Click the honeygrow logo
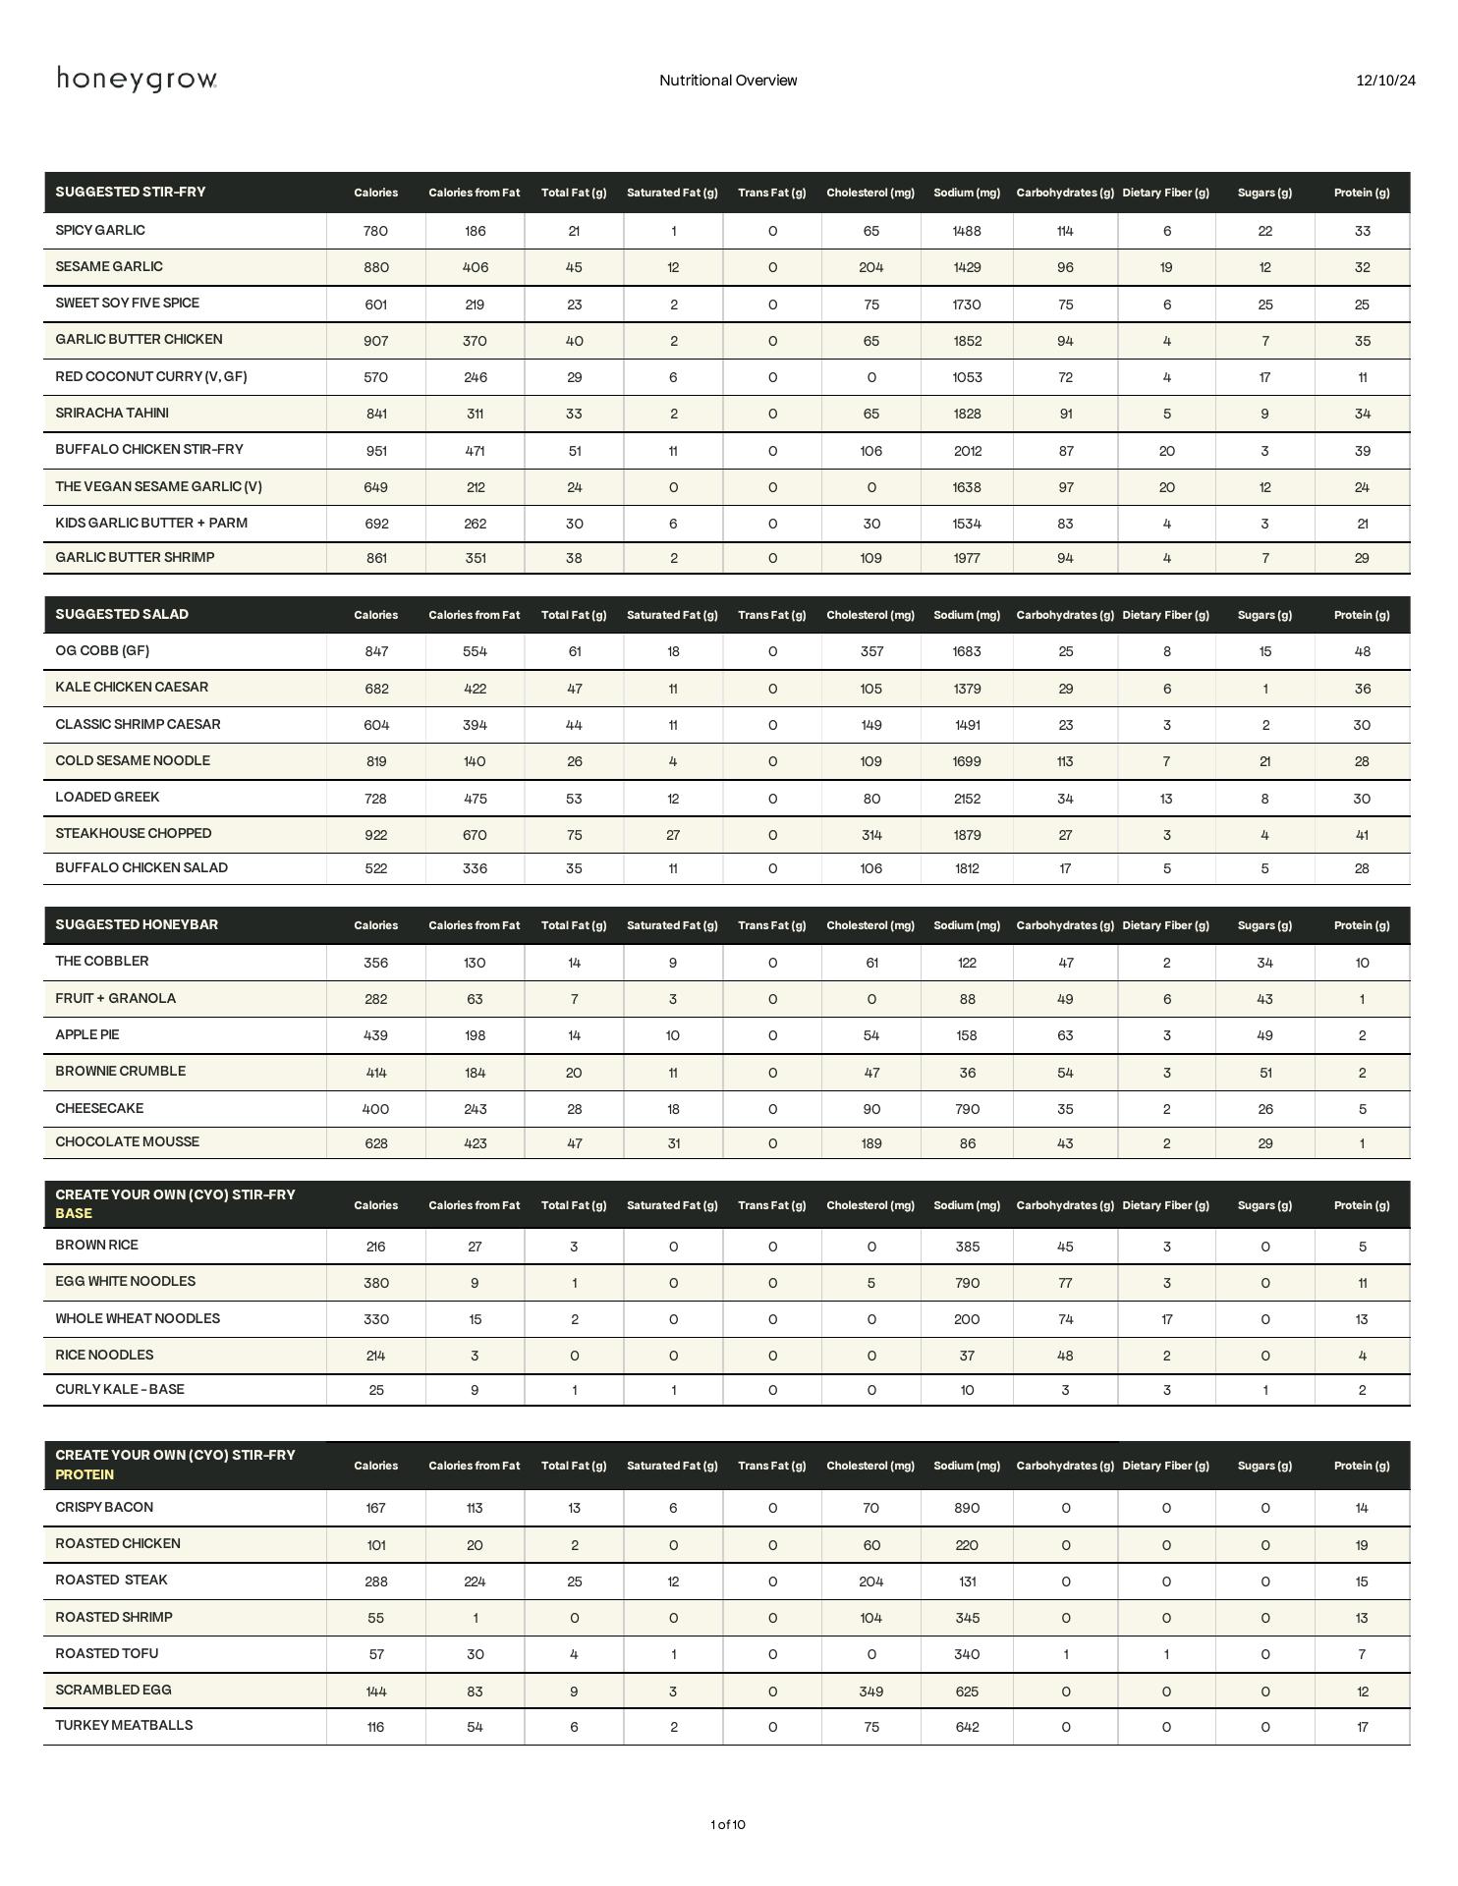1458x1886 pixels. tap(137, 80)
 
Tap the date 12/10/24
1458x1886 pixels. tap(1385, 81)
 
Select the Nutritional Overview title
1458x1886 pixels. tap(728, 81)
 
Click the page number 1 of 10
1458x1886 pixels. tap(728, 1824)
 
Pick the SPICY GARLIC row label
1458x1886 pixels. tap(100, 231)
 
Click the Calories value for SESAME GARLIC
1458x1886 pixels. tap(376, 267)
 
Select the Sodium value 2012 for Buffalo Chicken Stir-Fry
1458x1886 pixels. tap(967, 451)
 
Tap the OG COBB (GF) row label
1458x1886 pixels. tap(102, 651)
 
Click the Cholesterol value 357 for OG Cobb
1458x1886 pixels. tap(870, 651)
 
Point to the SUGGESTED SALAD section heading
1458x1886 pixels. tap(122, 615)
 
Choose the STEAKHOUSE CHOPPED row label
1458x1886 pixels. tap(134, 834)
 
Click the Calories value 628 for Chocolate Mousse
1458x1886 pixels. tap(376, 1143)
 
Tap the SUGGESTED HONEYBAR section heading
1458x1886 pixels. tap(137, 925)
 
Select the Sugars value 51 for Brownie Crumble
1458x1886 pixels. tap(1264, 1073)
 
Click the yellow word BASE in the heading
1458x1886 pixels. tap(74, 1214)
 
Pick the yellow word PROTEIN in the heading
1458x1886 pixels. tap(84, 1474)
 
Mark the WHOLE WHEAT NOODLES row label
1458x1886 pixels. tap(138, 1319)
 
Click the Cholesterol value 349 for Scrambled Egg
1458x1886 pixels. tap(870, 1692)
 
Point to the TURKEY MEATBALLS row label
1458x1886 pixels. tap(124, 1726)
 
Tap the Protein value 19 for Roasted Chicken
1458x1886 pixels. tap(1362, 1545)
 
